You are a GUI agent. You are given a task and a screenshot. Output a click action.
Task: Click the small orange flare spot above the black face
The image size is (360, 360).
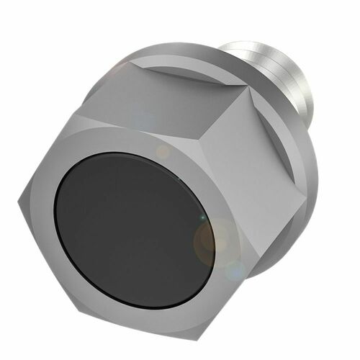click(163, 152)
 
